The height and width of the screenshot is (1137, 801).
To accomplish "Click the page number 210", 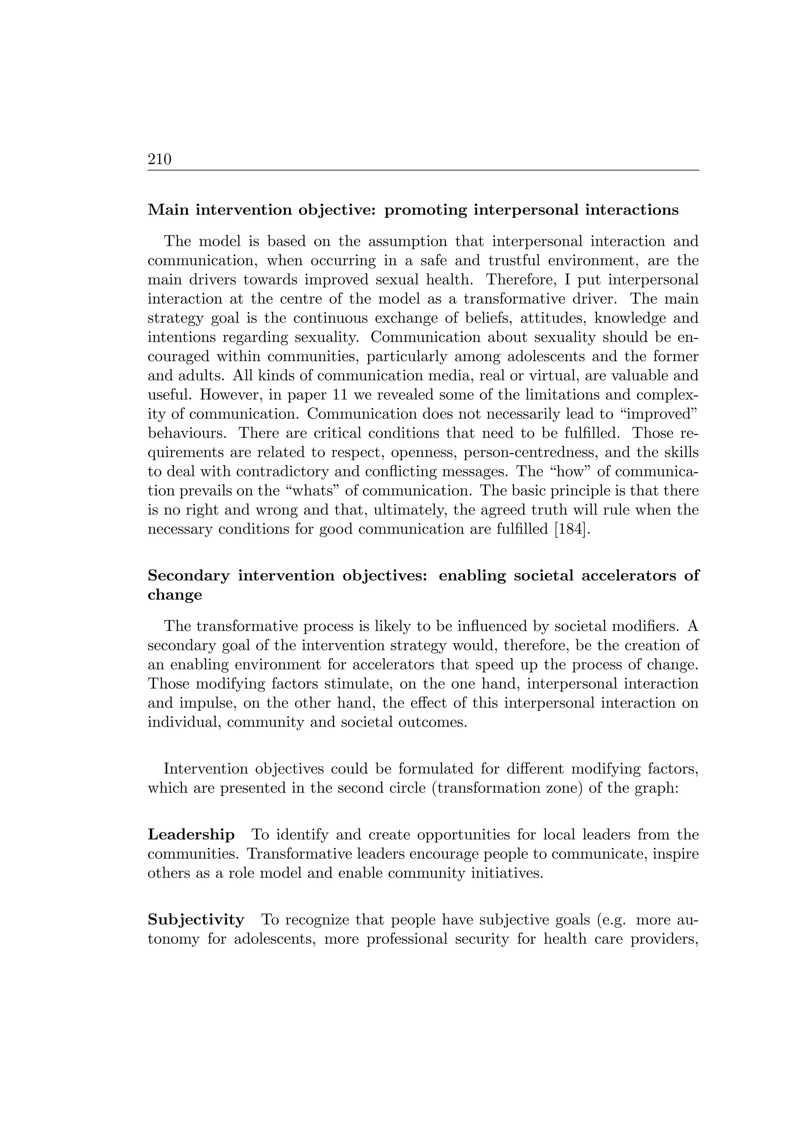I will (159, 159).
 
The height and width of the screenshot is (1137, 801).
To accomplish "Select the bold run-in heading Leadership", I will (191, 834).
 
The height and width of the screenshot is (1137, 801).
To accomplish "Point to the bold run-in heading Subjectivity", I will (196, 920).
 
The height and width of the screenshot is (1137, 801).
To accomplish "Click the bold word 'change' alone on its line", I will (174, 595).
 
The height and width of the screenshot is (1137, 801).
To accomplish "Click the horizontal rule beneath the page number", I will (423, 170).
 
